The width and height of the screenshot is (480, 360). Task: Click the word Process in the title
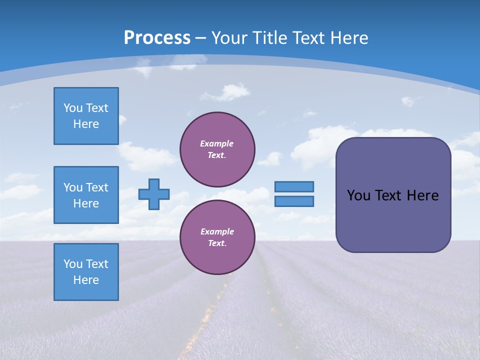coord(157,37)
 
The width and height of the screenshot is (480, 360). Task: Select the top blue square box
coord(86,116)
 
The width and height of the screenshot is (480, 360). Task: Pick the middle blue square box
coord(86,195)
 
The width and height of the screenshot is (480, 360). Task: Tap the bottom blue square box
coord(86,272)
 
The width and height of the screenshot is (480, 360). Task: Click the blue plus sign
coord(154,194)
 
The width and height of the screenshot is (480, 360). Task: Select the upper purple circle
coord(217,149)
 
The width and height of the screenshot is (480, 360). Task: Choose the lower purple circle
coord(217,237)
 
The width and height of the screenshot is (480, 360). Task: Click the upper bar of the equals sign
coord(294,186)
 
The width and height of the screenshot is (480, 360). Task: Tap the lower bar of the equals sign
coord(294,201)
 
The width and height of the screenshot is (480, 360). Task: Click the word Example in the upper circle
coord(216,143)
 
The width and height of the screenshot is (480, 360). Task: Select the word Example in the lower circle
coord(217,231)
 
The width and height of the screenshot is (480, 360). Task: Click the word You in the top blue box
coord(72,108)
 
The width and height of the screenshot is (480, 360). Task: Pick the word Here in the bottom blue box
coord(86,280)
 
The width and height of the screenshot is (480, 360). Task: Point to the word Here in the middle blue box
coord(86,203)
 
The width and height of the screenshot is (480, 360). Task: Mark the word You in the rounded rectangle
coord(358,195)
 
